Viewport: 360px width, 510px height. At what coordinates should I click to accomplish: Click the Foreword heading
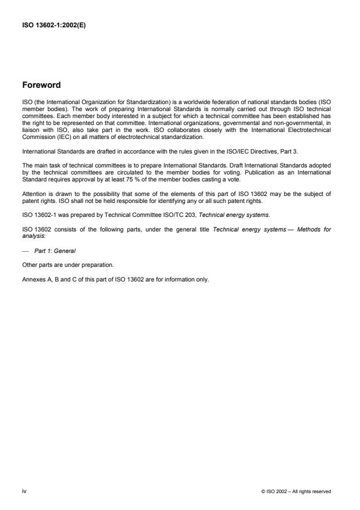[41, 85]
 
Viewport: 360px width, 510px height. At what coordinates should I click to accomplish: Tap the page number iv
[24, 491]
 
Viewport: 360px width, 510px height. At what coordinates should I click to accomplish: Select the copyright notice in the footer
[296, 491]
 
